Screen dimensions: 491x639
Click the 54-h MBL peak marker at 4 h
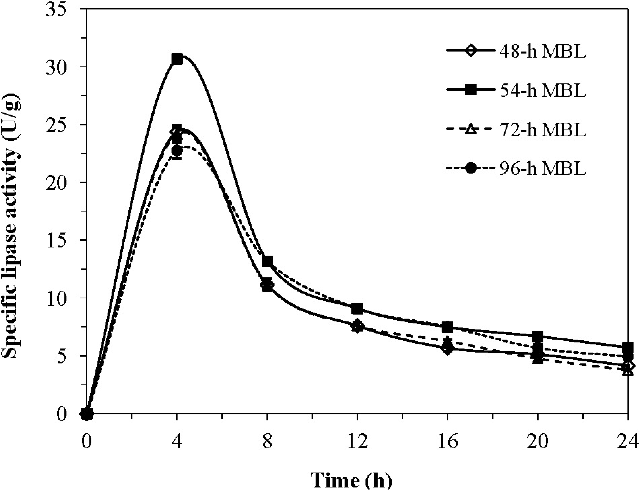click(177, 59)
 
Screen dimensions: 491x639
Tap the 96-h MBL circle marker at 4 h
click(177, 151)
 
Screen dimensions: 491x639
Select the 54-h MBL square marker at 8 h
click(267, 261)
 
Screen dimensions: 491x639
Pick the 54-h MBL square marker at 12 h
click(357, 309)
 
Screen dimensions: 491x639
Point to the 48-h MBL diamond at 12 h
click(357, 326)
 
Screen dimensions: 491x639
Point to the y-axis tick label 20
click(60, 182)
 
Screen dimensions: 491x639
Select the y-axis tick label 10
click(60, 298)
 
